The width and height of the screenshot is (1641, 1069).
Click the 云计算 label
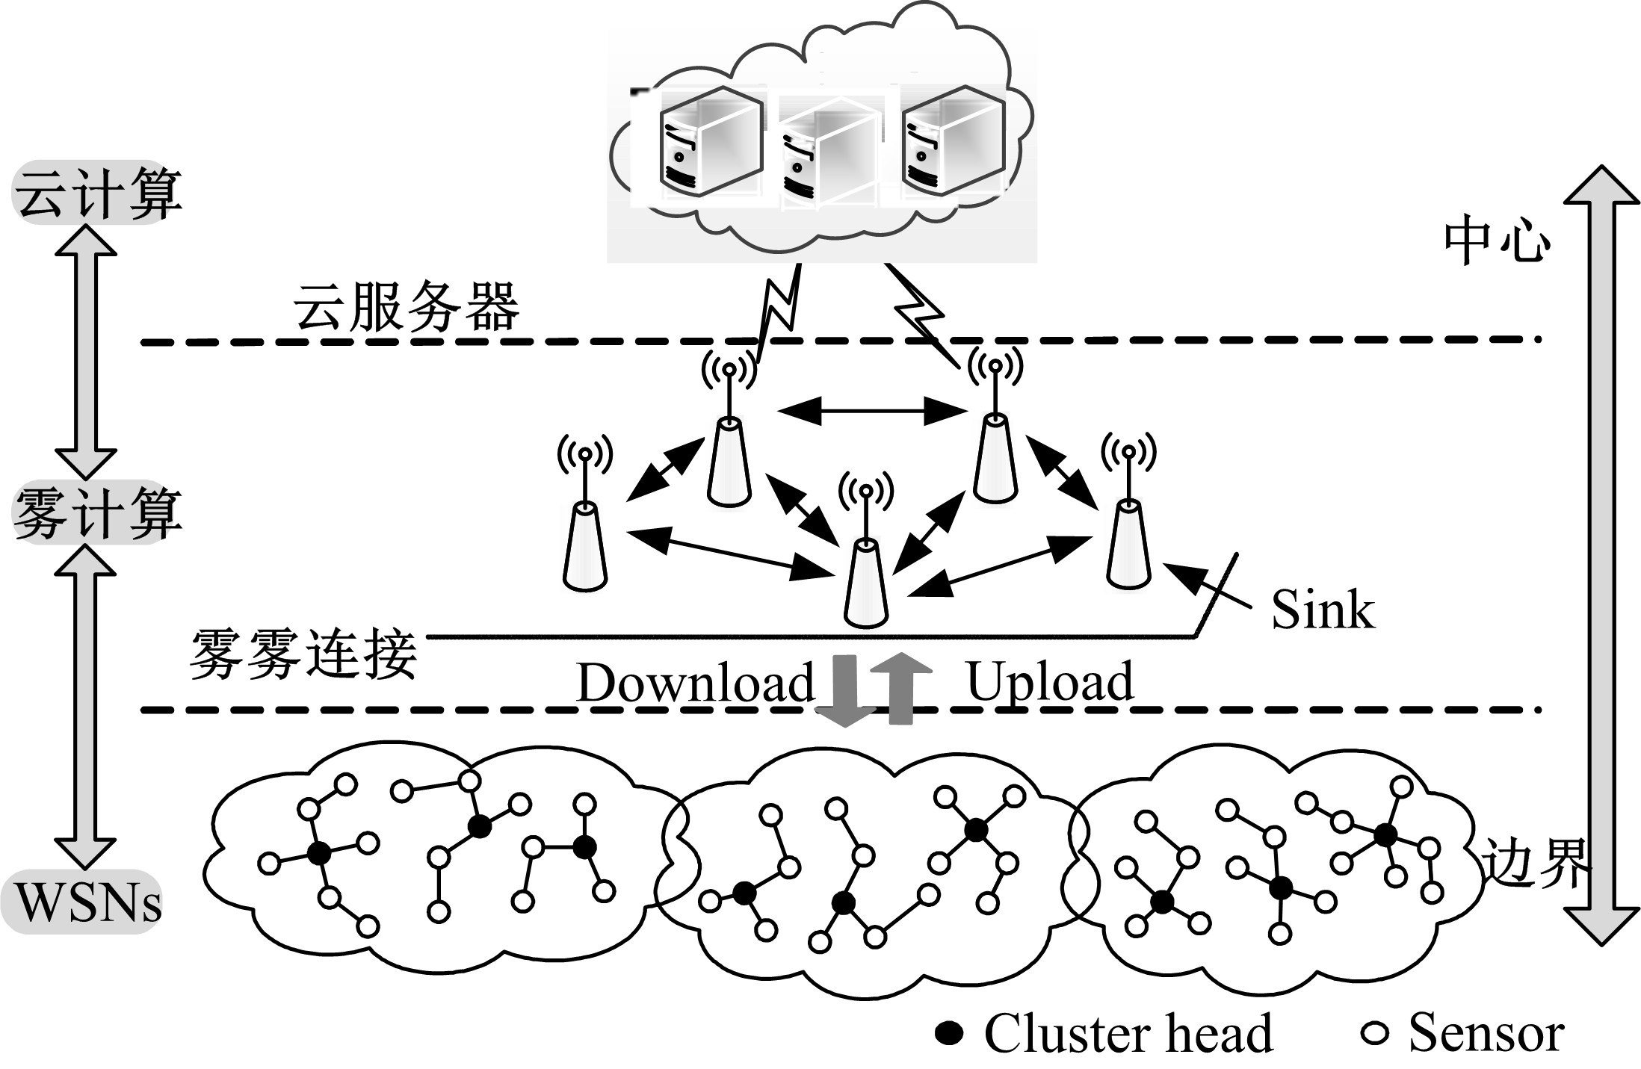coord(97,193)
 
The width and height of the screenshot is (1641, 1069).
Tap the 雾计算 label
coord(97,513)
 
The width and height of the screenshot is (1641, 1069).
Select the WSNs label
coord(88,902)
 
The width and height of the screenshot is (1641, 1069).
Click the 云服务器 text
coord(406,307)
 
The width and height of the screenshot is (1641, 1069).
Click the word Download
coord(695,683)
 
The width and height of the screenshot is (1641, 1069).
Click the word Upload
coord(1050,681)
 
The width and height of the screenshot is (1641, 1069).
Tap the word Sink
coord(1322,610)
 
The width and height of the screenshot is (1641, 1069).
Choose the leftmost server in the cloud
coord(710,142)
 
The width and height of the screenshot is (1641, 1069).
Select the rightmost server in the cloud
coord(953,142)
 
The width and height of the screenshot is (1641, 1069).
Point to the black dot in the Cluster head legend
coord(949,1033)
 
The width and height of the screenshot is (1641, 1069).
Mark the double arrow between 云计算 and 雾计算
coord(86,351)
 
